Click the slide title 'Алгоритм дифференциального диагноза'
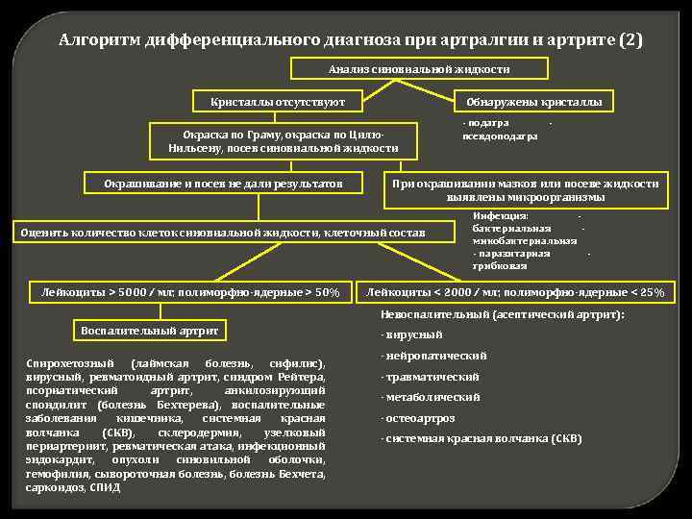350,40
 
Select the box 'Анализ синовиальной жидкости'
419,69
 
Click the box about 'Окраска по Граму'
283,141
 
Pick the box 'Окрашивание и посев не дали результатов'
225,183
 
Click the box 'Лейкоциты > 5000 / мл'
185,291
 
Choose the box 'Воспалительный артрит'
150,331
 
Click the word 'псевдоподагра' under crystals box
500,136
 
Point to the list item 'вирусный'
412,334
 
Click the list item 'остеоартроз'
418,419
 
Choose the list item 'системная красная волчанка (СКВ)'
482,439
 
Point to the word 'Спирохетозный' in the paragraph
63,363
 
